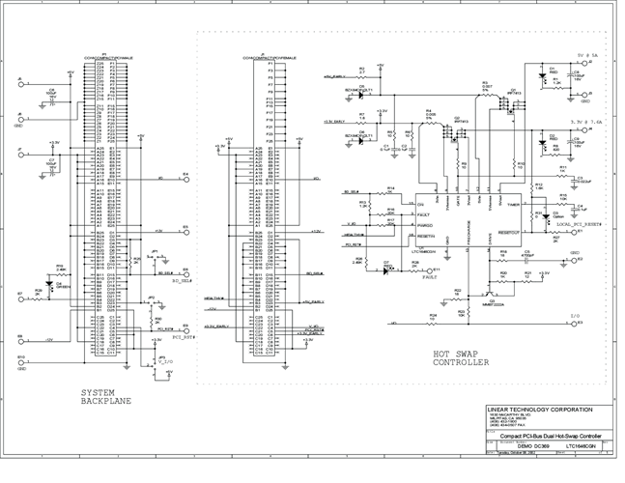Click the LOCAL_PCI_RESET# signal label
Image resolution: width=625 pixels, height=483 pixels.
pyautogui.click(x=578, y=222)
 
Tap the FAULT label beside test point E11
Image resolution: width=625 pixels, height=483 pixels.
pyautogui.click(x=429, y=275)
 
